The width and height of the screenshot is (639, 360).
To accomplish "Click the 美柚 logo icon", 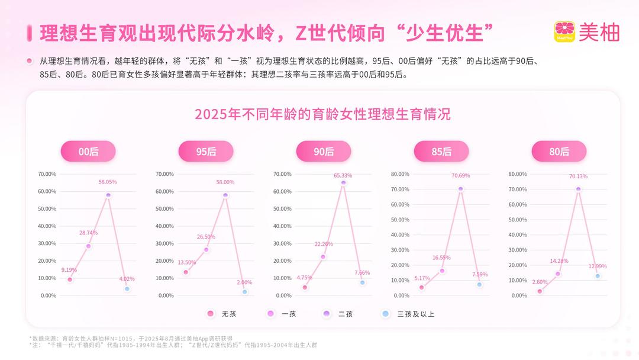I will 564,32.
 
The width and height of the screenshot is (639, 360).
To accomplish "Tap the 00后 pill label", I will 88,152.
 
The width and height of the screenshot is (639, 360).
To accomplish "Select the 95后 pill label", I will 206,152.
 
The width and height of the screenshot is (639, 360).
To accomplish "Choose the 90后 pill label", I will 324,152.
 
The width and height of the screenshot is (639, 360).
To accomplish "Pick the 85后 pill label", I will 441,152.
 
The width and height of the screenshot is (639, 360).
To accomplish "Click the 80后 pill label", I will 559,152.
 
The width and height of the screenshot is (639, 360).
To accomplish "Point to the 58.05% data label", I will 108,182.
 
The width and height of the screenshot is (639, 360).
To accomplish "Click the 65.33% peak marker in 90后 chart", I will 343,183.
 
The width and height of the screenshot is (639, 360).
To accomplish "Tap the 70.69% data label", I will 460,176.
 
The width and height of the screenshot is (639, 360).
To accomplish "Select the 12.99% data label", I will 597,266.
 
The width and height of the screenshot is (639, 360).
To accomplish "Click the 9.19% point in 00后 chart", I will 70,279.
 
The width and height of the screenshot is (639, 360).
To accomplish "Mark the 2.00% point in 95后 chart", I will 244,292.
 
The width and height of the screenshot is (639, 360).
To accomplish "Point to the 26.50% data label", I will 206,237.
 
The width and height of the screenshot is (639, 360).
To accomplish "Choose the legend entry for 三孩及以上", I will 408,314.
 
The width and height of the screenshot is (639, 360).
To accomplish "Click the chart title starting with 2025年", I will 322,114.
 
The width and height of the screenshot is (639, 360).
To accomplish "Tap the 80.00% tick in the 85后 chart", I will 401,174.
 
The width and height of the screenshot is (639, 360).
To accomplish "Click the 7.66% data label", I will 362,273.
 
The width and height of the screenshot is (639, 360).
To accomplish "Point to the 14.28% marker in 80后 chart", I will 557,274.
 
